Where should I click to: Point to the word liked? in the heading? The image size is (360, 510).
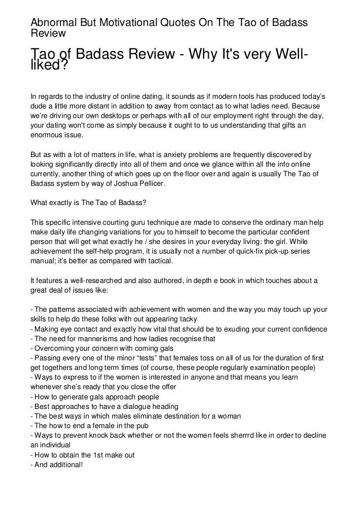[x=49, y=67]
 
